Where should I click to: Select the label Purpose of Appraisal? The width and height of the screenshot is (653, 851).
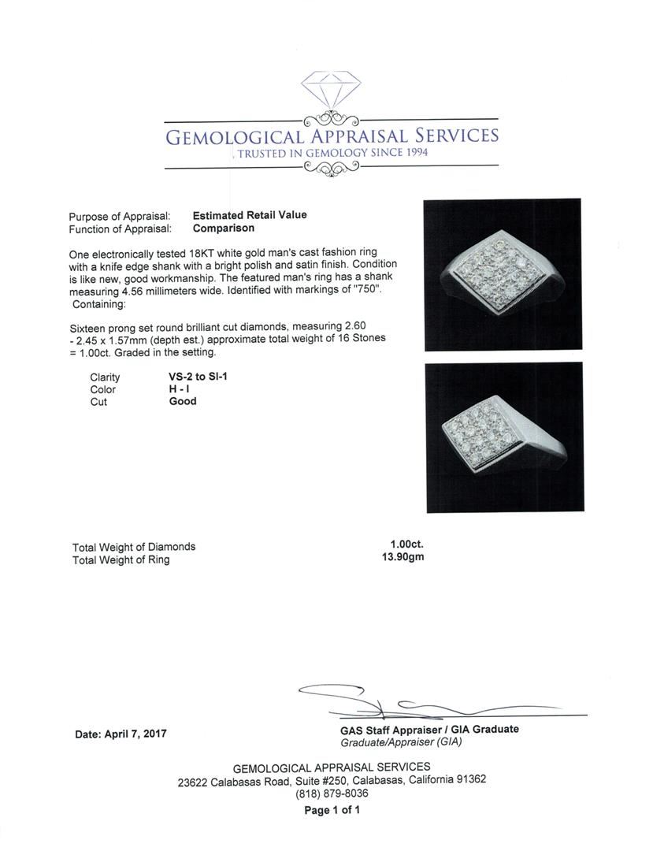[119, 216]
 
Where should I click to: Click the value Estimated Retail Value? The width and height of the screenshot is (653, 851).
[250, 215]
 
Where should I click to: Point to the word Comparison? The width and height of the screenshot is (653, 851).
[224, 229]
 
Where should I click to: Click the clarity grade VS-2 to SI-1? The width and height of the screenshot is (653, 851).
[193, 377]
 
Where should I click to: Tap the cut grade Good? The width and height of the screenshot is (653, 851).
[183, 401]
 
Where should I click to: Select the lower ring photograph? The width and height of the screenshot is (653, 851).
[503, 437]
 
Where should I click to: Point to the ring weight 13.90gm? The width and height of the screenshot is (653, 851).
[403, 558]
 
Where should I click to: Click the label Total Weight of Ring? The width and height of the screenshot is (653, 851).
[121, 559]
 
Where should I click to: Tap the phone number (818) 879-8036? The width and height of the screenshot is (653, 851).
[332, 793]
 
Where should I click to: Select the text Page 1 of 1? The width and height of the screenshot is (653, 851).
[332, 810]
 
